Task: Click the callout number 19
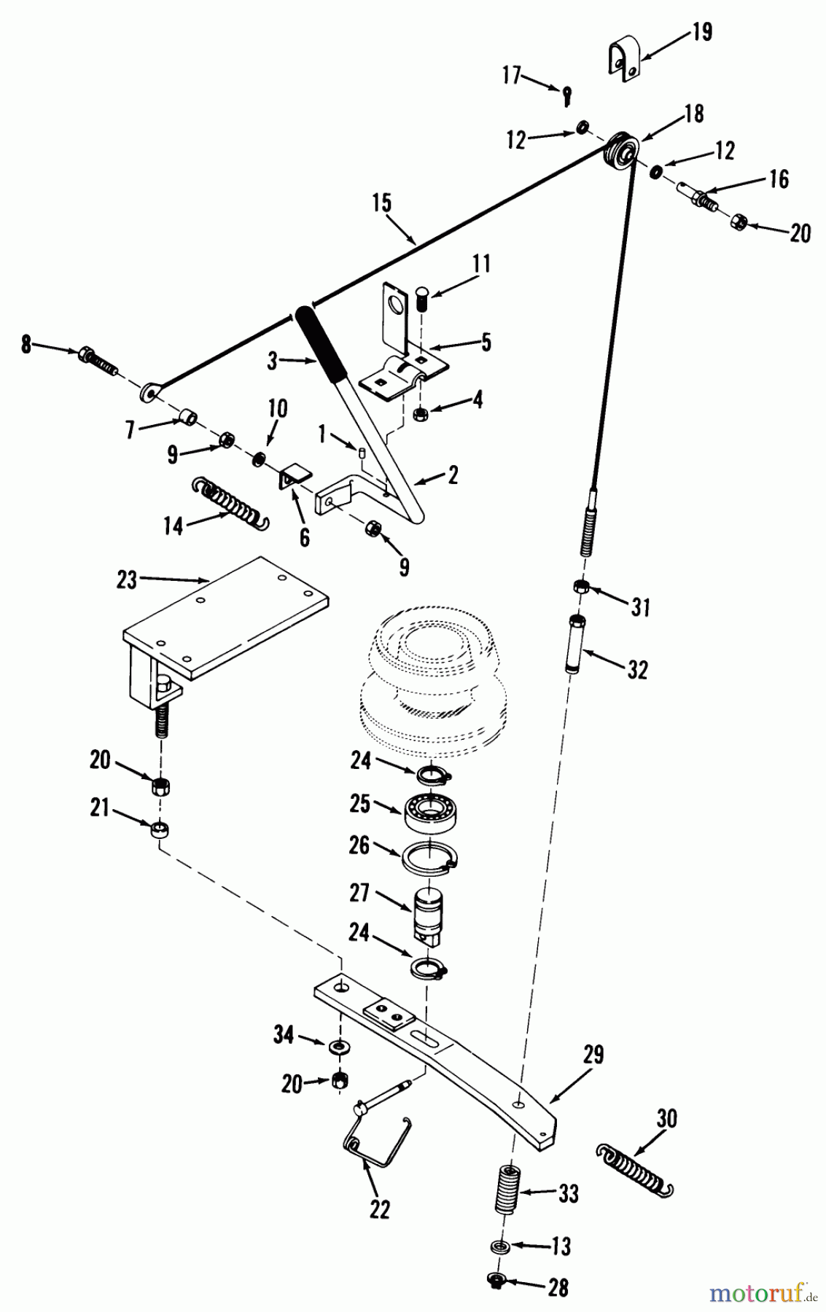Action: pos(701,33)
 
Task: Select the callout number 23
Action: pos(127,579)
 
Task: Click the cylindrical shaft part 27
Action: pos(428,915)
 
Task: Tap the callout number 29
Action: pos(593,1055)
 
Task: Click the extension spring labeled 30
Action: pos(634,1170)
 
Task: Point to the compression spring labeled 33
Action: pos(509,1189)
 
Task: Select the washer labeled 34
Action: pos(338,1047)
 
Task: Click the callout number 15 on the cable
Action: pos(381,203)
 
